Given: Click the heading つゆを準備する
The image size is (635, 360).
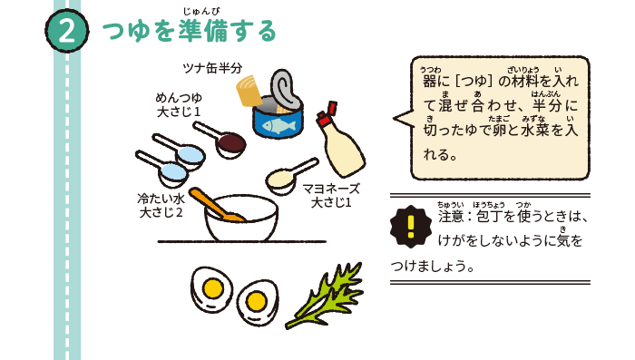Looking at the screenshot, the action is coord(190,33).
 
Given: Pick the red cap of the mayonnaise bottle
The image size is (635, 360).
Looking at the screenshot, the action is coord(325,119).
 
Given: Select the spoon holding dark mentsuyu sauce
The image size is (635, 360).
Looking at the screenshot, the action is coord(231,141).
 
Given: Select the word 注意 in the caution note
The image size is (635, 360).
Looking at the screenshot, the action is coord(450,218).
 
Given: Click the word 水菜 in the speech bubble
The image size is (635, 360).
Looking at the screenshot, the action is coord(532,130).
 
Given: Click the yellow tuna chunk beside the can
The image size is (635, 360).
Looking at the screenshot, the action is coord(249,91).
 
